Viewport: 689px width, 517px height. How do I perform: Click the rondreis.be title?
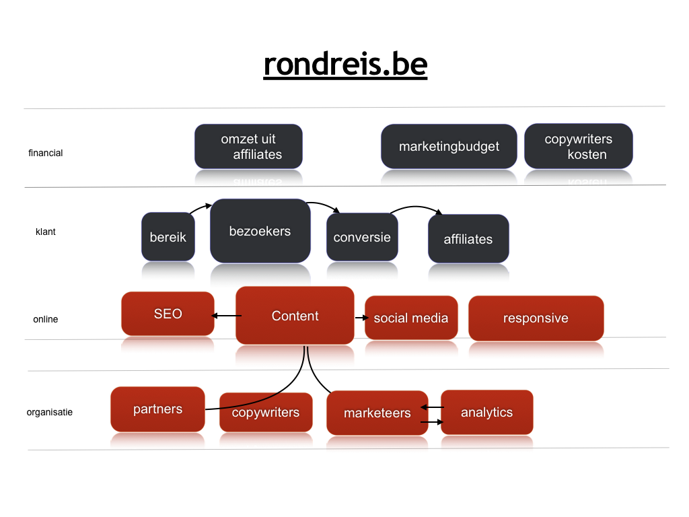pyautogui.click(x=345, y=65)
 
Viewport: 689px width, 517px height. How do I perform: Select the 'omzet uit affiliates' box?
pyautogui.click(x=249, y=146)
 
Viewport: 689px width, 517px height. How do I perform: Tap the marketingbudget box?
pyautogui.click(x=449, y=146)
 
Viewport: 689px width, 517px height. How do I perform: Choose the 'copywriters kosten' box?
pyautogui.click(x=578, y=146)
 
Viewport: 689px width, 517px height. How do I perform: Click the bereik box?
pyautogui.click(x=168, y=237)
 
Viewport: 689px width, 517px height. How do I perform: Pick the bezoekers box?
pyautogui.click(x=260, y=231)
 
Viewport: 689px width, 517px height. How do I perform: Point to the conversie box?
pyautogui.click(x=362, y=237)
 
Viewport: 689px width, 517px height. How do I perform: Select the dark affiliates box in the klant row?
pyautogui.click(x=468, y=239)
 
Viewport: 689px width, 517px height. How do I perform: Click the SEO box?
pyautogui.click(x=168, y=314)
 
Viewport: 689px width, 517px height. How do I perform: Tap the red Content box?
pyautogui.click(x=295, y=315)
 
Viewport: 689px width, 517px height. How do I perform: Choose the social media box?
pyautogui.click(x=411, y=318)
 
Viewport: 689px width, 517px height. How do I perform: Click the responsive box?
pyautogui.click(x=536, y=318)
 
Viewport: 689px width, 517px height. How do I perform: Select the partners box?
pyautogui.click(x=157, y=409)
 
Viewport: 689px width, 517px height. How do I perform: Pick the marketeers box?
pyautogui.click(x=377, y=413)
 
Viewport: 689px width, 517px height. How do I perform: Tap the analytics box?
pyautogui.click(x=487, y=412)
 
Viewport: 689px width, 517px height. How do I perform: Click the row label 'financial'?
pyautogui.click(x=46, y=153)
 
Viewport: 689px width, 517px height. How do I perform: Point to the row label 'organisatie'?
pyautogui.click(x=50, y=413)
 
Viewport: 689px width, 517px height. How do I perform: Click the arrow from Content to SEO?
pyautogui.click(x=226, y=316)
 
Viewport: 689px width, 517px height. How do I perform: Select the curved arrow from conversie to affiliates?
pyautogui.click(x=416, y=207)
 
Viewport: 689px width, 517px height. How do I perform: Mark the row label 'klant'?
pyautogui.click(x=46, y=232)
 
